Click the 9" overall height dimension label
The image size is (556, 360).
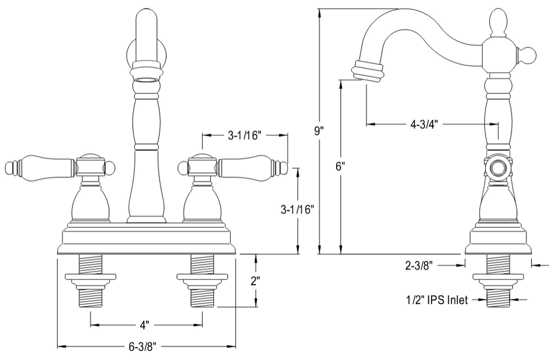click(x=320, y=131)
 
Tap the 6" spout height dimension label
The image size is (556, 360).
click(x=340, y=167)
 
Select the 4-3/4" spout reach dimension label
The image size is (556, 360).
click(x=425, y=124)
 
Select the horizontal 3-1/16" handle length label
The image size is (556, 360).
click(x=245, y=135)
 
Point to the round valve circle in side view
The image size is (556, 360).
click(x=497, y=168)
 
